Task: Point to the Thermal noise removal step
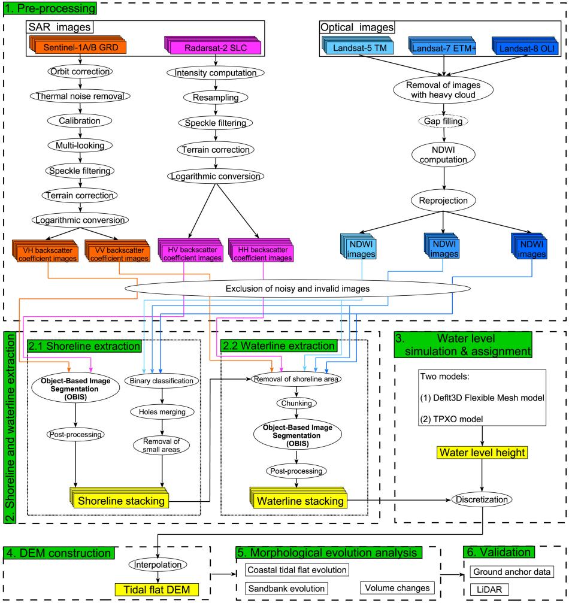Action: (76, 95)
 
